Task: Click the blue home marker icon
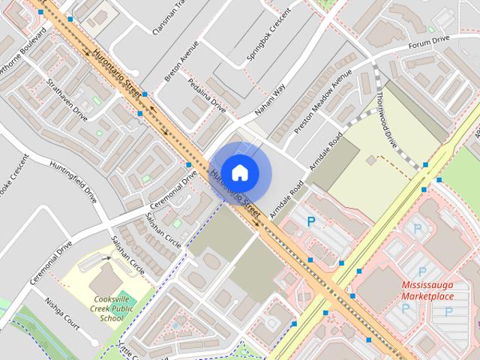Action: point(239,172)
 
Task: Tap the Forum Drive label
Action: point(429,43)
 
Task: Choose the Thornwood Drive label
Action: point(390,121)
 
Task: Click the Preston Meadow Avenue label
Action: point(323,101)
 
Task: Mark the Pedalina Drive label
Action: point(206,94)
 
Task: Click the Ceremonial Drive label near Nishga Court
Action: point(51,262)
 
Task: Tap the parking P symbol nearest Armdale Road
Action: point(312,220)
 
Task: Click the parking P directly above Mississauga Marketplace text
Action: point(421,271)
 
